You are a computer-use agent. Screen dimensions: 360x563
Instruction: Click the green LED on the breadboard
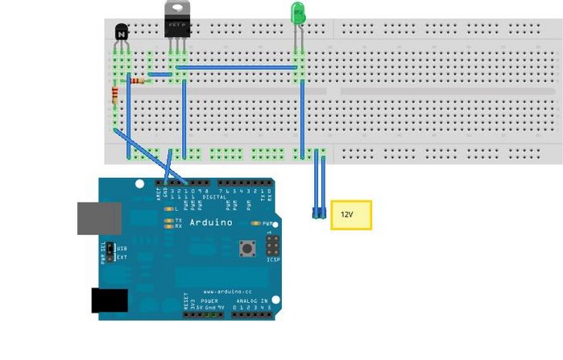pyautogui.click(x=297, y=13)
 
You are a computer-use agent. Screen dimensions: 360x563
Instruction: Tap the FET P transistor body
pyautogui.click(x=177, y=27)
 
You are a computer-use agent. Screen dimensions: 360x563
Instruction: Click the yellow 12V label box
pyautogui.click(x=351, y=215)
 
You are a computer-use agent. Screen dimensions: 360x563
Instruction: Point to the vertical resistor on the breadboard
pyautogui.click(x=115, y=97)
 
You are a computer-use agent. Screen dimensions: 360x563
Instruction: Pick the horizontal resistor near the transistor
pyautogui.click(x=137, y=81)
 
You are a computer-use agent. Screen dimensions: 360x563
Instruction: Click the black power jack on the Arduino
pyautogui.click(x=109, y=300)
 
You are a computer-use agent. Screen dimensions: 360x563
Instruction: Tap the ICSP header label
pyautogui.click(x=274, y=259)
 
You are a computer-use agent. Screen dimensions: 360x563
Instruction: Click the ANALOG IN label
pyautogui.click(x=250, y=300)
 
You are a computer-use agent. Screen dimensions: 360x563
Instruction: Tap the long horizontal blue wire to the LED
pyautogui.click(x=238, y=68)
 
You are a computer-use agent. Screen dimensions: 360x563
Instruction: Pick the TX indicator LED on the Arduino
pyautogui.click(x=168, y=220)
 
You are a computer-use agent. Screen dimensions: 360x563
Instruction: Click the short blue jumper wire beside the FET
pyautogui.click(x=160, y=74)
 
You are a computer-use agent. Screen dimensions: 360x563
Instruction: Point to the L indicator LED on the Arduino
pyautogui.click(x=168, y=209)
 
